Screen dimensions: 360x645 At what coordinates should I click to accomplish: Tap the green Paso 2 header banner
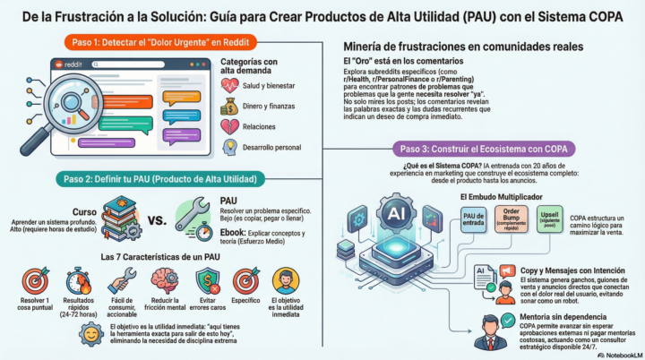pyautogui.click(x=157, y=178)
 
